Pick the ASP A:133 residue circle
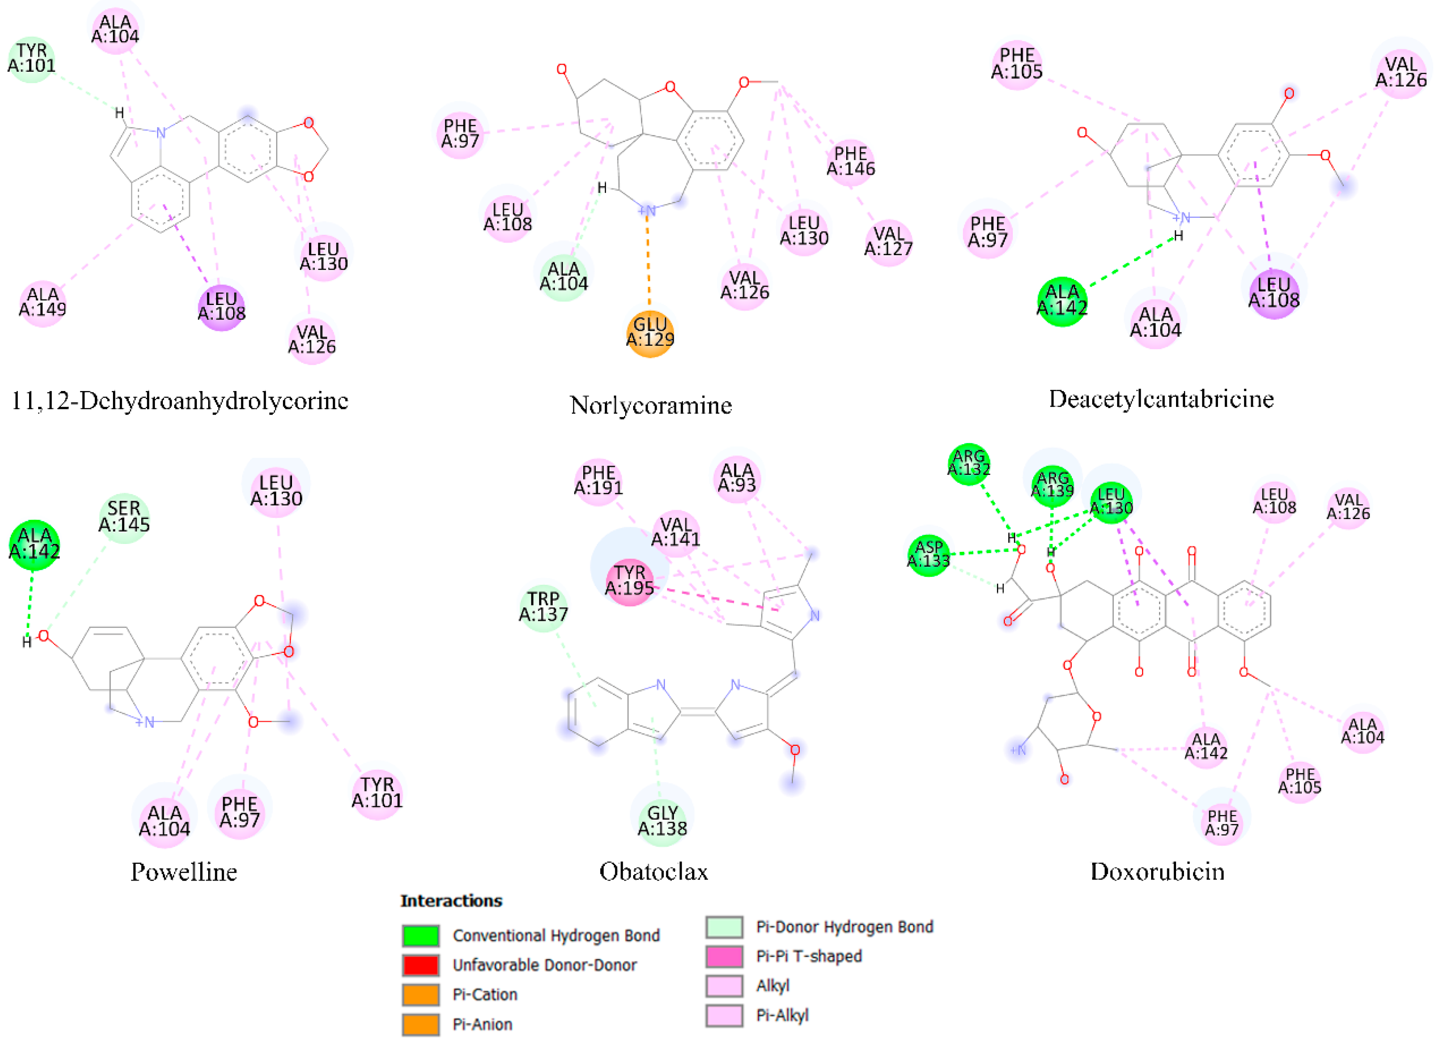tap(928, 555)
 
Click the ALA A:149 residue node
tap(42, 303)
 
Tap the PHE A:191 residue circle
tap(598, 481)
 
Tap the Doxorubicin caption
tap(1157, 872)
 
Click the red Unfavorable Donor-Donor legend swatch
tap(420, 965)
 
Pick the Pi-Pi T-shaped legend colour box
tap(724, 956)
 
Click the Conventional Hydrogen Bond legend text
tap(556, 935)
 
